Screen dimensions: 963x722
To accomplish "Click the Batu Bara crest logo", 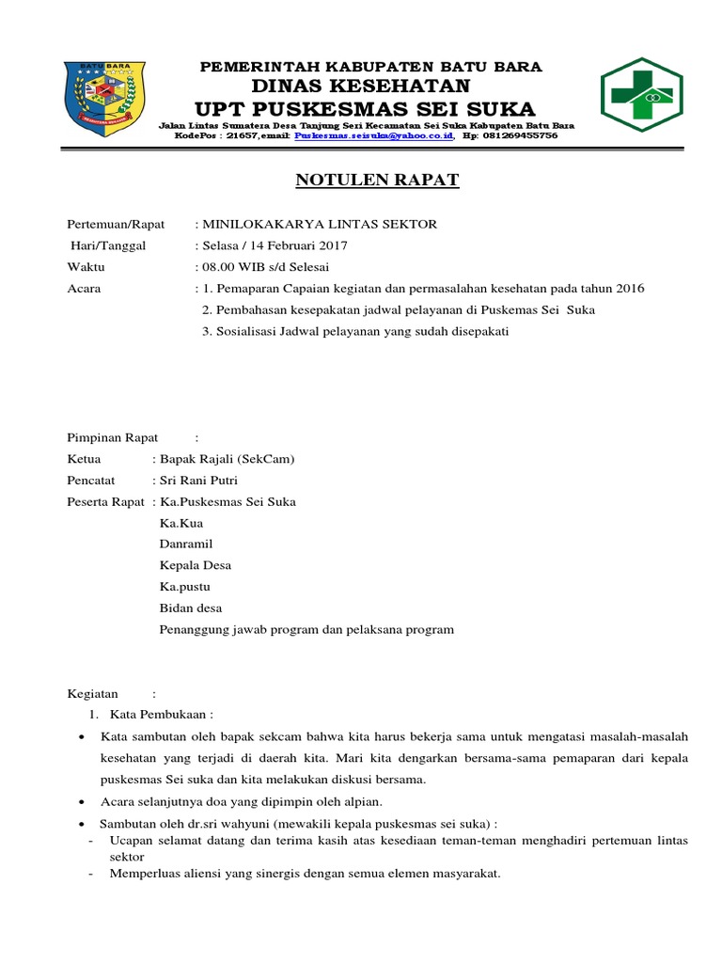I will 103,98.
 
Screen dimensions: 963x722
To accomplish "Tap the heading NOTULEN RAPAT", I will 378,181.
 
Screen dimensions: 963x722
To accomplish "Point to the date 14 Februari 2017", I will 297,245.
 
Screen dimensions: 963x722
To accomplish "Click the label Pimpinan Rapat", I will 113,437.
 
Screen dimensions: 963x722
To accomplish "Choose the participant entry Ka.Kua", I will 181,523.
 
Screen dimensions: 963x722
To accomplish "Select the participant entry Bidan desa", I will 191,608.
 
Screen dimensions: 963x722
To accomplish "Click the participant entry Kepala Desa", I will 196,565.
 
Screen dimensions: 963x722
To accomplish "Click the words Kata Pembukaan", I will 159,714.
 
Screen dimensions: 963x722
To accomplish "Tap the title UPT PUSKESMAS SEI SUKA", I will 364,107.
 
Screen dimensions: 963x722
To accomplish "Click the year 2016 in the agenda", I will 627,288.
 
